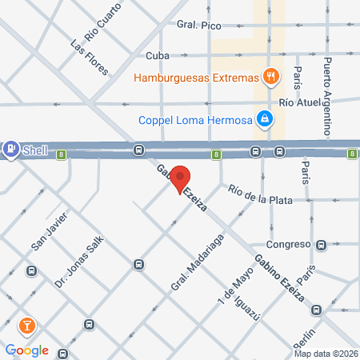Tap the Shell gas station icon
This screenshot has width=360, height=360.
pyautogui.click(x=11, y=148)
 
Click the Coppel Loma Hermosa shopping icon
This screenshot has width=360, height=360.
pyautogui.click(x=265, y=121)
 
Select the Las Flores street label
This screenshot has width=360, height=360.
pyautogui.click(x=89, y=57)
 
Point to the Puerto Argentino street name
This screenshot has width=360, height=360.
pyautogui.click(x=327, y=87)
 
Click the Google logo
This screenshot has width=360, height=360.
pyautogui.click(x=26, y=350)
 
